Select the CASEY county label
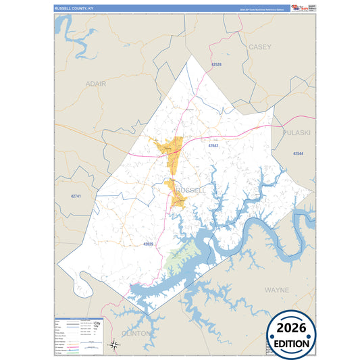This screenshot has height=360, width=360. pos(259,47)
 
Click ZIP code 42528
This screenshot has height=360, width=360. pos(216,63)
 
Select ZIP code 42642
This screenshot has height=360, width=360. pos(213,145)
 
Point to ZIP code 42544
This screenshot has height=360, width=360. pos(299,154)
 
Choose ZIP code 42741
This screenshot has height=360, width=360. pos(75,196)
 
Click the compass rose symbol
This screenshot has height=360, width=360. pos(115,345)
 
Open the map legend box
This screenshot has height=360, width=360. pos(78,333)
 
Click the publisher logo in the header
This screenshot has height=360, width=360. pos(300,8)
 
